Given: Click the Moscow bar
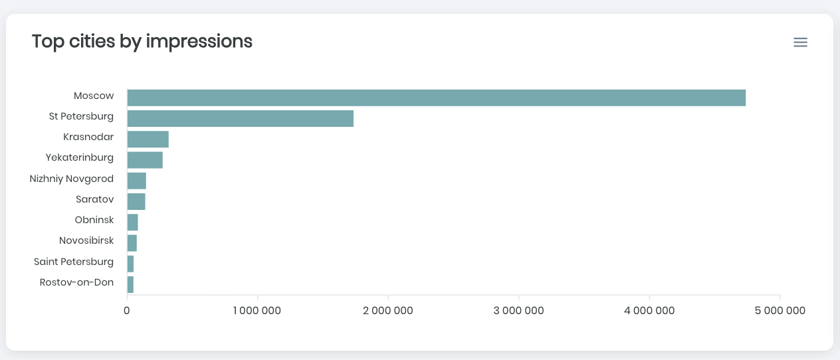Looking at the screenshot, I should pyautogui.click(x=436, y=98).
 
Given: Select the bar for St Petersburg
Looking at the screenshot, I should pyautogui.click(x=240, y=119).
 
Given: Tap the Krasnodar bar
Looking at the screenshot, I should pyautogui.click(x=148, y=139).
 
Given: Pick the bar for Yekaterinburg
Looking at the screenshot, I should pyautogui.click(x=145, y=160).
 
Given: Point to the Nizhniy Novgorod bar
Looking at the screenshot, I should pyautogui.click(x=136, y=181).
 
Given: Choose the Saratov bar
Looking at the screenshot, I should pyautogui.click(x=136, y=201).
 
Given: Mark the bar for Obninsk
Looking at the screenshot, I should pyautogui.click(x=132, y=222).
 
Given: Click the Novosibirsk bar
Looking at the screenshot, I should pyautogui.click(x=132, y=242).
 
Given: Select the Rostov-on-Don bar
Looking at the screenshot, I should pyautogui.click(x=130, y=284).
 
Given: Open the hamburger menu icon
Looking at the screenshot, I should pyautogui.click(x=800, y=43).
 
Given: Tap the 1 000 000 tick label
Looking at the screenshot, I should pyautogui.click(x=257, y=311).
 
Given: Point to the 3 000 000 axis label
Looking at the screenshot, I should pyautogui.click(x=519, y=311).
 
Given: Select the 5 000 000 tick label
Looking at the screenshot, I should pyautogui.click(x=780, y=311).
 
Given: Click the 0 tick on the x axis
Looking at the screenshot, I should pyautogui.click(x=127, y=311).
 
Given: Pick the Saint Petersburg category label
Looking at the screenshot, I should pyautogui.click(x=74, y=262).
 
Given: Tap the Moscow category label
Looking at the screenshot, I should pyautogui.click(x=94, y=96).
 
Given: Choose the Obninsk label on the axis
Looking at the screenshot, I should pyautogui.click(x=94, y=220).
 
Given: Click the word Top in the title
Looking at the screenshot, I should pyautogui.click(x=46, y=42).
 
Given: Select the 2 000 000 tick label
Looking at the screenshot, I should pyautogui.click(x=388, y=311).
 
